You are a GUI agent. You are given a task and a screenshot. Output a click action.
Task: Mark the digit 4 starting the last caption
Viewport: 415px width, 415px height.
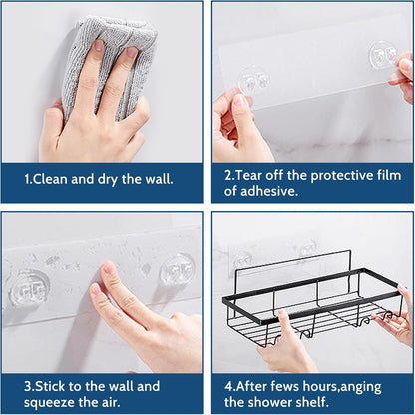(228, 385)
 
